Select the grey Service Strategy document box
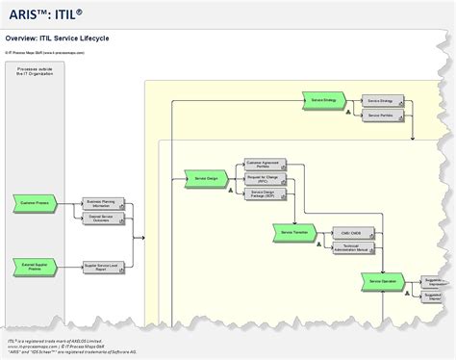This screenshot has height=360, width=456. (380, 99)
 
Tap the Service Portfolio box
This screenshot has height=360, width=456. (380, 115)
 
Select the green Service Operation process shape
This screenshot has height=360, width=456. (382, 280)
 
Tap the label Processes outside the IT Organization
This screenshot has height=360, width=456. (38, 72)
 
